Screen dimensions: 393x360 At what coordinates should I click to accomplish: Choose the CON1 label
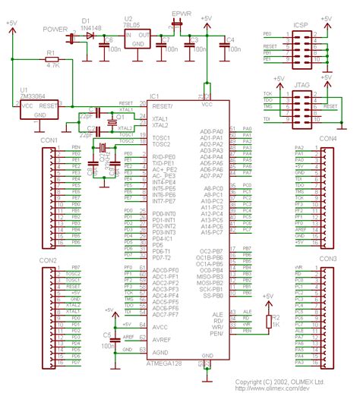49,140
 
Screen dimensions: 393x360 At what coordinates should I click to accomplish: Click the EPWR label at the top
182,14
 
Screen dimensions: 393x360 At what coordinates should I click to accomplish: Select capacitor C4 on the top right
226,46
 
